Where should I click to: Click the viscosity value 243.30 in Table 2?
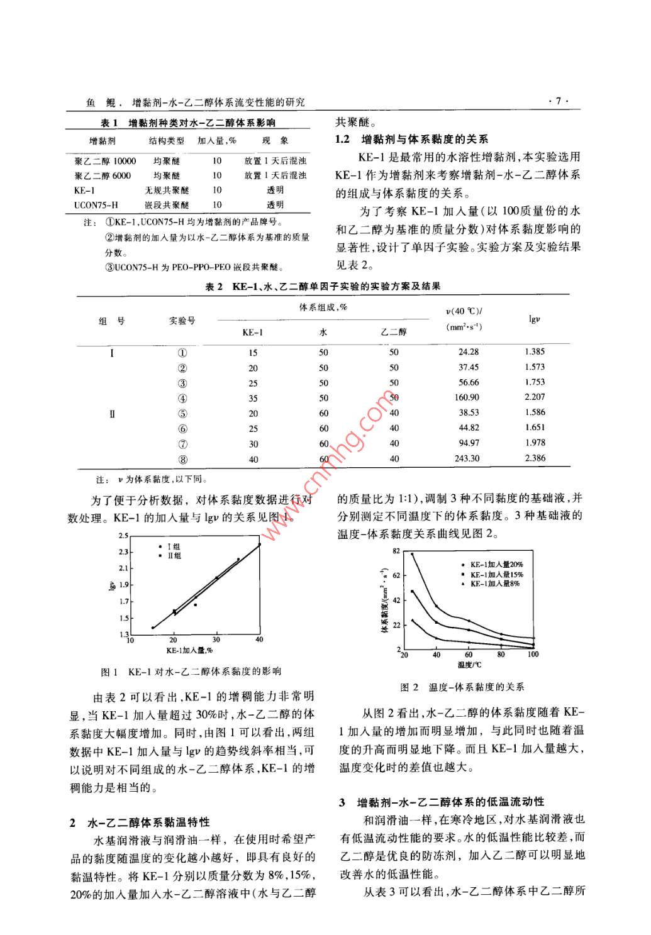click(467, 458)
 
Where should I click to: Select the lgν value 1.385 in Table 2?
click(535, 351)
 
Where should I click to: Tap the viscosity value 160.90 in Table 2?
click(467, 397)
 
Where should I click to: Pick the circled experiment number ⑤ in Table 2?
click(182, 414)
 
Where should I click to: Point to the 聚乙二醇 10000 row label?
click(104, 161)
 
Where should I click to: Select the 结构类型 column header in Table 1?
click(166, 141)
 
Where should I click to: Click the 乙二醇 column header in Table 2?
click(394, 332)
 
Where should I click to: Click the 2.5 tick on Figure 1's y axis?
click(123, 536)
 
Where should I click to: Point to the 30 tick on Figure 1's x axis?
click(216, 640)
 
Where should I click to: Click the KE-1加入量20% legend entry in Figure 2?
click(492, 565)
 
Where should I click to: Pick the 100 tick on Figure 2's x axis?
click(533, 655)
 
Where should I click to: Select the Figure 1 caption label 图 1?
click(109, 672)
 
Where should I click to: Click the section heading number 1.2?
click(342, 139)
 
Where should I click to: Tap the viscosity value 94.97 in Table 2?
click(467, 443)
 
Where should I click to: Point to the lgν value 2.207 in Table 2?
click(535, 397)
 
